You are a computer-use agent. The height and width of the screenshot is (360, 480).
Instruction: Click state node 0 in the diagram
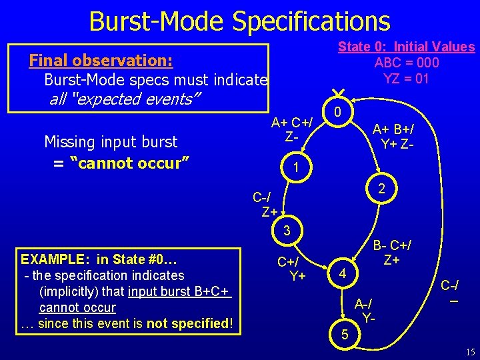click(x=338, y=113)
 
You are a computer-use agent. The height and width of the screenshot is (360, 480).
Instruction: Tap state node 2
click(x=381, y=189)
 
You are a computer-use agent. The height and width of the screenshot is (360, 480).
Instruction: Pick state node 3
click(x=286, y=231)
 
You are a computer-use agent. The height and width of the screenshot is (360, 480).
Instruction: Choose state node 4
click(x=341, y=273)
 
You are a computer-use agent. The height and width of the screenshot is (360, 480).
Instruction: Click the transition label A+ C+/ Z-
click(x=291, y=129)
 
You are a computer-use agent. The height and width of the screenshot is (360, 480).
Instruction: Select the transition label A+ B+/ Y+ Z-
click(x=397, y=137)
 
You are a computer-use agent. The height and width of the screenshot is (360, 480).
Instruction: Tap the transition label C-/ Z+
click(x=265, y=205)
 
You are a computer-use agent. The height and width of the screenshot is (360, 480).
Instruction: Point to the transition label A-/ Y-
click(x=365, y=309)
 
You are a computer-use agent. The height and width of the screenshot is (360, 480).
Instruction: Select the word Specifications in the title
click(x=311, y=21)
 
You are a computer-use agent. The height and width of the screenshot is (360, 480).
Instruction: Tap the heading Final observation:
click(x=101, y=61)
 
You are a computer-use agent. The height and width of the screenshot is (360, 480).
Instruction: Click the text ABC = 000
click(x=407, y=63)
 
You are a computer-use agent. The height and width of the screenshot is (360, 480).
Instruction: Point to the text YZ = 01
click(x=407, y=79)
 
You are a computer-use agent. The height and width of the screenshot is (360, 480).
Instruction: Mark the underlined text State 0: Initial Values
click(x=406, y=47)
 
